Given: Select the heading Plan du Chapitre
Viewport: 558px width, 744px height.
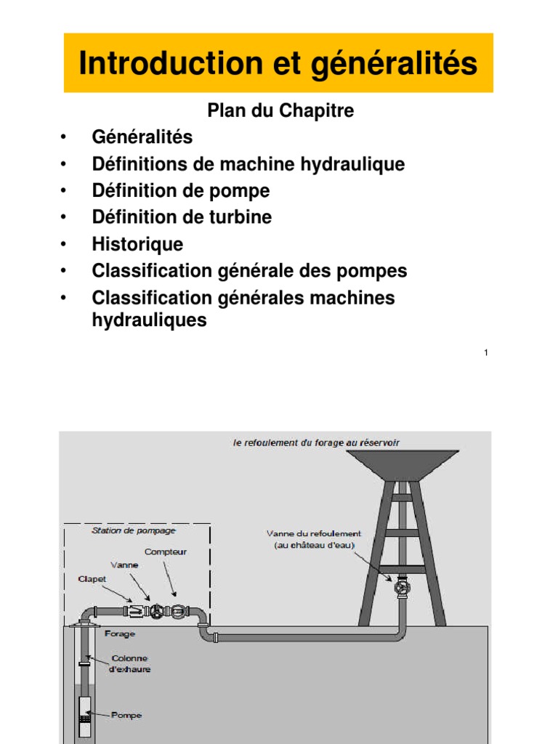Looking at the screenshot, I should pyautogui.click(x=280, y=110).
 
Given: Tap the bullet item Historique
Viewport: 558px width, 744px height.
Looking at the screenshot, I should pyautogui.click(x=137, y=244).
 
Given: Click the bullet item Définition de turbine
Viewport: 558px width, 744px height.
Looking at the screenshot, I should pyautogui.click(x=182, y=217).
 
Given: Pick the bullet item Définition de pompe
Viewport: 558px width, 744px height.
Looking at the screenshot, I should pyautogui.click(x=180, y=190).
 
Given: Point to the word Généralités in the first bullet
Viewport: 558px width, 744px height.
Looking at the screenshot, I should pyautogui.click(x=142, y=137).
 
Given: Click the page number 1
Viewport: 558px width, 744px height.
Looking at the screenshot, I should pyautogui.click(x=485, y=353).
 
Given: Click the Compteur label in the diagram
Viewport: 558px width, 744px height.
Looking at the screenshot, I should pyautogui.click(x=165, y=551).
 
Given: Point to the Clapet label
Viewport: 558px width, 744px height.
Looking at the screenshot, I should pyautogui.click(x=92, y=579).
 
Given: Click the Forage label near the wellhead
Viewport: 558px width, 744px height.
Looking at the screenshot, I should pyautogui.click(x=119, y=634).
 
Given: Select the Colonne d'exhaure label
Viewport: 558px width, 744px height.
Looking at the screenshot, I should pyautogui.click(x=131, y=664).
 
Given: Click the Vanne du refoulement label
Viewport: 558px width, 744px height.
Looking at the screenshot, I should pyautogui.click(x=313, y=538).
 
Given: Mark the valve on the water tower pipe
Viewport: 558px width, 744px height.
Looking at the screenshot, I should pyautogui.click(x=401, y=587).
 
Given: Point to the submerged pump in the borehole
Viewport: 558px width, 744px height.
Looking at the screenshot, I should pyautogui.click(x=85, y=708).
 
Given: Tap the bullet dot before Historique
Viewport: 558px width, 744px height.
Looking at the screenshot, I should pyautogui.click(x=65, y=244).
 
